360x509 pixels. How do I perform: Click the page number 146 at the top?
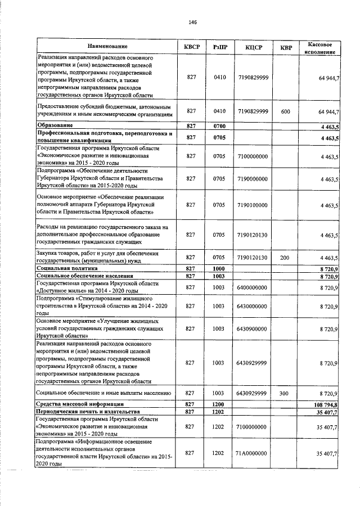pyautogui.click(x=193, y=22)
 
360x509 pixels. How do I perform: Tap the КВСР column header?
pyautogui.click(x=191, y=46)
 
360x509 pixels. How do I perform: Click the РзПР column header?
pyautogui.click(x=220, y=46)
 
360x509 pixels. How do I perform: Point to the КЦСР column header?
pyautogui.click(x=253, y=46)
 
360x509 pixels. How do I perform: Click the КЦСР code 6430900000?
pyautogui.click(x=253, y=328)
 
